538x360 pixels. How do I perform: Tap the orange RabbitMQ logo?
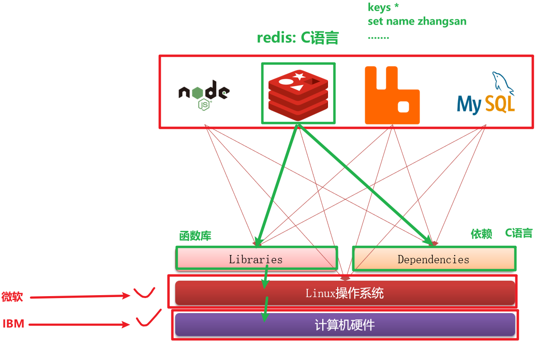tap(392, 95)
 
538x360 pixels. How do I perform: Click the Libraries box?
tap(256, 259)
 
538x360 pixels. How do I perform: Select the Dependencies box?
tap(433, 259)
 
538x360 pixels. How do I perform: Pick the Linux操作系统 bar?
tap(344, 293)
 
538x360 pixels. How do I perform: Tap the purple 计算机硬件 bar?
tap(344, 325)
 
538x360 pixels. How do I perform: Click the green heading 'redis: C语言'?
tap(298, 38)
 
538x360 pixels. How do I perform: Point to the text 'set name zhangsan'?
tap(417, 21)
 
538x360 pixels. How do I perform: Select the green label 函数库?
tap(195, 236)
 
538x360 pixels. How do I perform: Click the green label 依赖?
tap(481, 234)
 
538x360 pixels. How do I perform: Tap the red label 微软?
tap(12, 297)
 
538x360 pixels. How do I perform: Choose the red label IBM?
tap(14, 324)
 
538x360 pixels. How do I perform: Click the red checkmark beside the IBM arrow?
tap(148, 320)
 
